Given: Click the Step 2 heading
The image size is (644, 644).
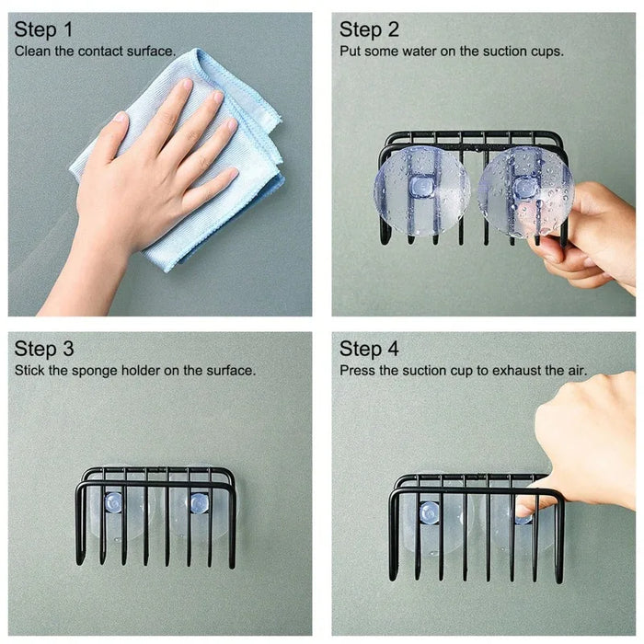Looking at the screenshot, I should pyautogui.click(x=370, y=30).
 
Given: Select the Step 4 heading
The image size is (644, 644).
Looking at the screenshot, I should pyautogui.click(x=370, y=349).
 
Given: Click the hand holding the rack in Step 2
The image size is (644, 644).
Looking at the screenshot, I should pyautogui.click(x=589, y=239).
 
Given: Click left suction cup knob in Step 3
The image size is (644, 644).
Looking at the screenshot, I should pyautogui.click(x=113, y=502).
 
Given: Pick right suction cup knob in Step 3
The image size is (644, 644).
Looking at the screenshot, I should pyautogui.click(x=198, y=502).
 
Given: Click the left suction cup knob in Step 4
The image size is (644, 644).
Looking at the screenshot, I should pyautogui.click(x=429, y=512).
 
